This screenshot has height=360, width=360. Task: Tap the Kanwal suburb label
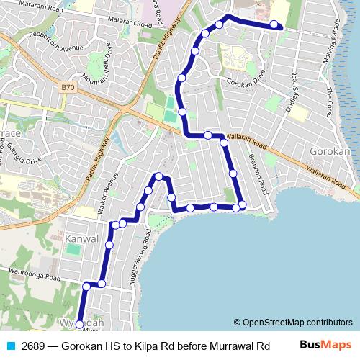tap(81, 238)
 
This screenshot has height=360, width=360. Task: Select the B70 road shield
tap(67, 87)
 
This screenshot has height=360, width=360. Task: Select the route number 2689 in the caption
tap(33, 346)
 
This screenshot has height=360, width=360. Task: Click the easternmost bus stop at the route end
tap(274, 25)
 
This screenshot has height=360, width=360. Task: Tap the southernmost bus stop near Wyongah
tap(79, 324)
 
